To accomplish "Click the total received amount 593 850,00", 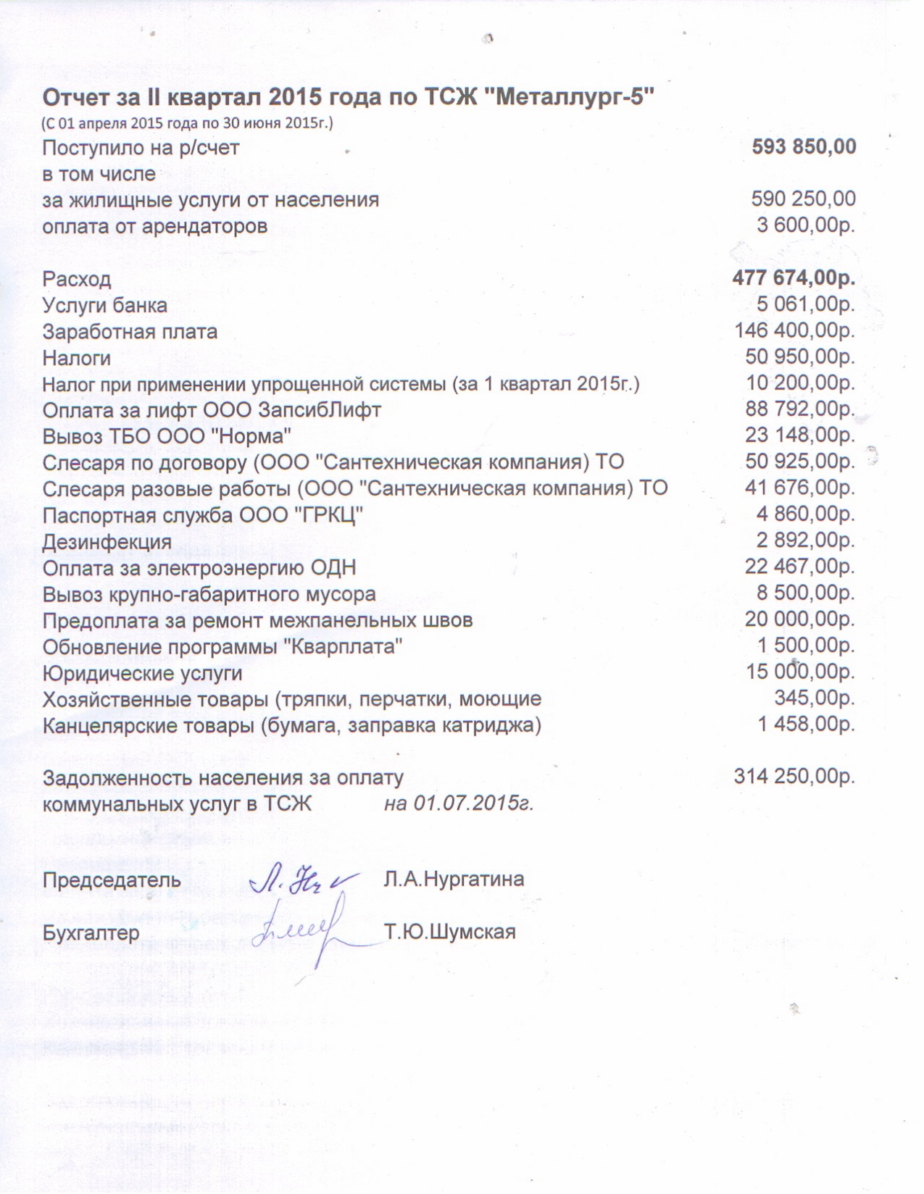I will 804,147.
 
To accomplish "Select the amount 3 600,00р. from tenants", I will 806,225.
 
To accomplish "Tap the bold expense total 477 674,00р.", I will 794,278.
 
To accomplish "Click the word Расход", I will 77,279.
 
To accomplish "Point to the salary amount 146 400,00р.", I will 795,331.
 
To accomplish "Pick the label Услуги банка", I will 104,306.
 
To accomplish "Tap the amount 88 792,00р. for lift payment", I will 800,409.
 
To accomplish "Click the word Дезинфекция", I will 107,542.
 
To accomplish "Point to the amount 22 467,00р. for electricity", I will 800,567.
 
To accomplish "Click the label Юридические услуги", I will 142,673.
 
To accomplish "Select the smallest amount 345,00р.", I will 815,698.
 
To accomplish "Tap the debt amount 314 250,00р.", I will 794,777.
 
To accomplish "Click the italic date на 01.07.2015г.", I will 459,803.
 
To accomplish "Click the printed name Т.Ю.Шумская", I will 450,932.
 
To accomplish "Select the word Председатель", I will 112,880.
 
